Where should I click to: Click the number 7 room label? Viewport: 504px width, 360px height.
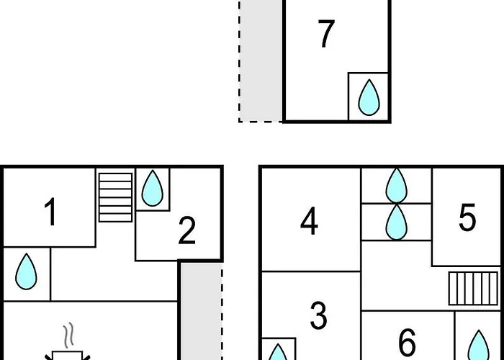pyautogui.click(x=326, y=34)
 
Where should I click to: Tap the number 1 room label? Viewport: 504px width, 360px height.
pyautogui.click(x=51, y=212)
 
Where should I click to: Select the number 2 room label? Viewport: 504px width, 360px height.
pyautogui.click(x=186, y=230)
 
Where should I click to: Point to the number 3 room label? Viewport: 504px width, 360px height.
pyautogui.click(x=319, y=315)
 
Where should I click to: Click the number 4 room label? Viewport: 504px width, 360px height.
pyautogui.click(x=309, y=222)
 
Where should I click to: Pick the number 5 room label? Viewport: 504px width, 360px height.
pyautogui.click(x=467, y=217)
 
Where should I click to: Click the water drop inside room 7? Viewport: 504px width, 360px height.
pyautogui.click(x=369, y=97)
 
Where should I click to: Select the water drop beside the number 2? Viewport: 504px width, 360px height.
pyautogui.click(x=153, y=188)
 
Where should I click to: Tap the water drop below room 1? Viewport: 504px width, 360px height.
pyautogui.click(x=27, y=271)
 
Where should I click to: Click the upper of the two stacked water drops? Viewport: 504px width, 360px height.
pyautogui.click(x=396, y=186)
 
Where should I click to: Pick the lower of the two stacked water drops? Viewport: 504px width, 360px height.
pyautogui.click(x=396, y=222)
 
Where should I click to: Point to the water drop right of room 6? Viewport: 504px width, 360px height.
pyautogui.click(x=479, y=345)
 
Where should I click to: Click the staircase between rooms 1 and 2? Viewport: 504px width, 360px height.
pyautogui.click(x=115, y=197)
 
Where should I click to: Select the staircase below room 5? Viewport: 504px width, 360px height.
pyautogui.click(x=473, y=288)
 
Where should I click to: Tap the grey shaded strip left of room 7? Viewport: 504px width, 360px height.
pyautogui.click(x=261, y=60)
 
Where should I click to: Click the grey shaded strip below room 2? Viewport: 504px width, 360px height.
pyautogui.click(x=201, y=311)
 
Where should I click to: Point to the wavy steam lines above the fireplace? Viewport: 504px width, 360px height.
pyautogui.click(x=69, y=336)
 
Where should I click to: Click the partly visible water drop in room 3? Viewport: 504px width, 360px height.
pyautogui.click(x=278, y=352)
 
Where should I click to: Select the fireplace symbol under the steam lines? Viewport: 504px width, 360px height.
pyautogui.click(x=68, y=356)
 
